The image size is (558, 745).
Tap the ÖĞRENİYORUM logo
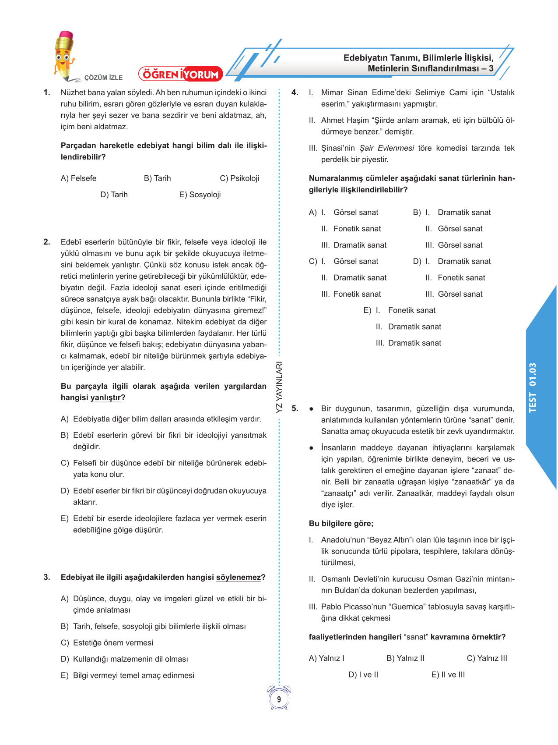181,74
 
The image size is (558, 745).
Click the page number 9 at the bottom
279,699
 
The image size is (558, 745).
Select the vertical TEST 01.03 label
532,387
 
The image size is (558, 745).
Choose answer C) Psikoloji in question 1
239,178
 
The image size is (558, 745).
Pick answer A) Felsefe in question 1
79,178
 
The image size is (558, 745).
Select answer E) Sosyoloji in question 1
200,195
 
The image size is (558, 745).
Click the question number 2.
47,242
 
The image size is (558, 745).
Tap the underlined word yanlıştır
105,397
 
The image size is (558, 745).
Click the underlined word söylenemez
239,577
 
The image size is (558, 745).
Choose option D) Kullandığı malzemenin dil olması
125,659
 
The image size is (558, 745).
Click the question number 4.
295,92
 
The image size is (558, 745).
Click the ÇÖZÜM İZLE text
103,78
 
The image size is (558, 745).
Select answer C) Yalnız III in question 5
487,658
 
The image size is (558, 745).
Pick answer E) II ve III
448,674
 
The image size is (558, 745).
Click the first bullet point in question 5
311,409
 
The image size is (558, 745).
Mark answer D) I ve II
363,674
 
